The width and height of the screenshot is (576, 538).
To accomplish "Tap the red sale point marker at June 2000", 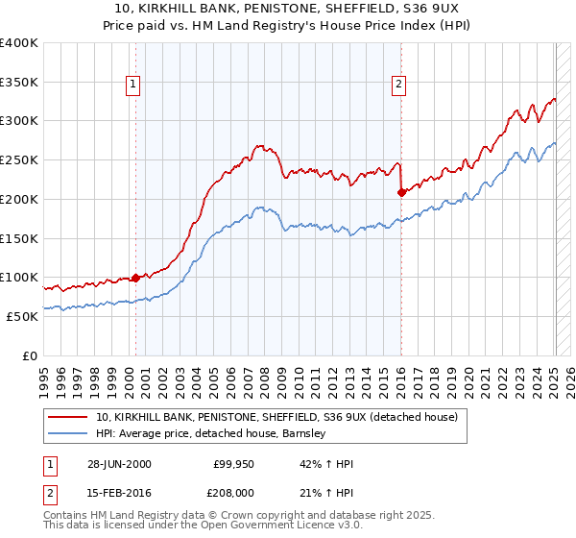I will (135, 278).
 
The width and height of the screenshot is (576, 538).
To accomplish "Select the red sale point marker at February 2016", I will (400, 192).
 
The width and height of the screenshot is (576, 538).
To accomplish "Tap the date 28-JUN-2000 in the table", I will (118, 464).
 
